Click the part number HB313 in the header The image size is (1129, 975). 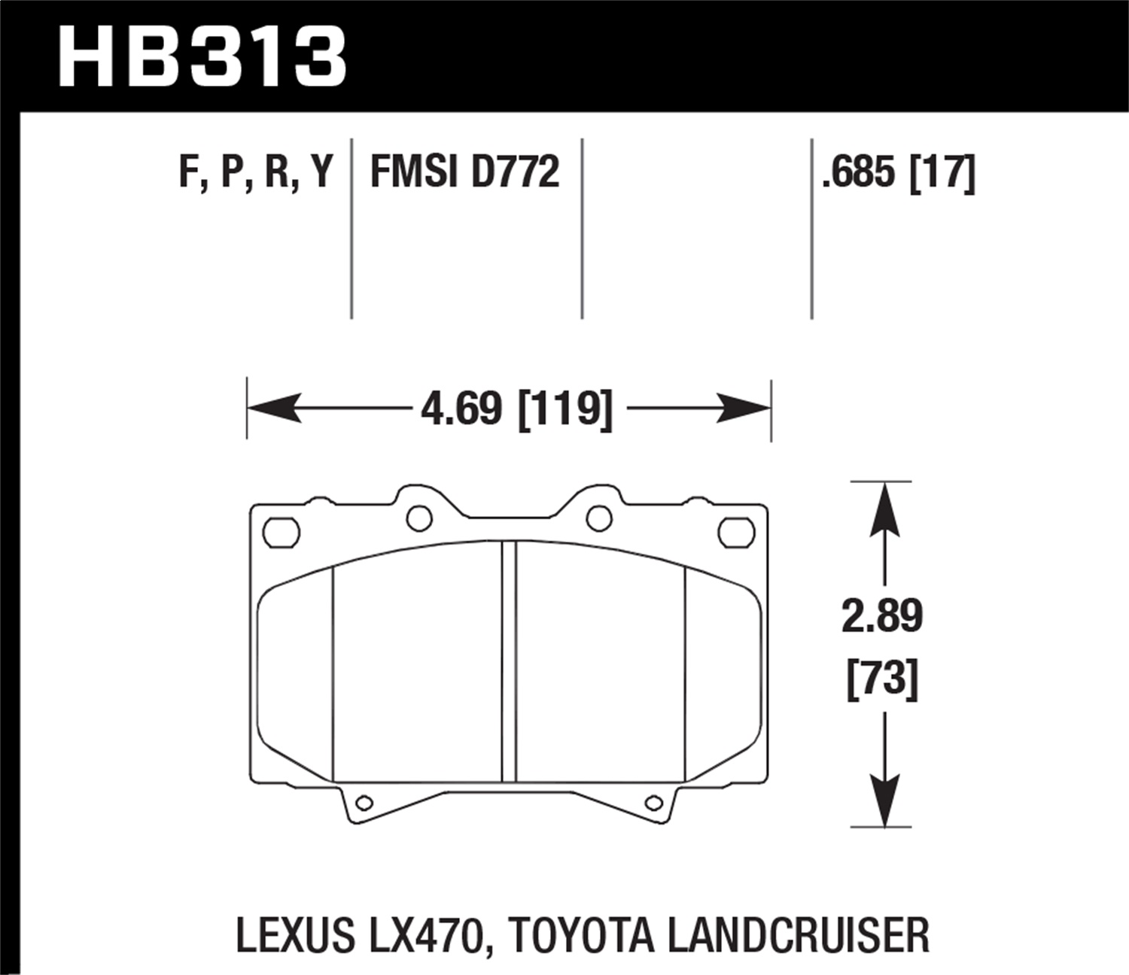202,57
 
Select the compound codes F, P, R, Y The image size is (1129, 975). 255,172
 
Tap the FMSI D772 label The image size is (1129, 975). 465,172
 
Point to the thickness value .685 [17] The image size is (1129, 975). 899,172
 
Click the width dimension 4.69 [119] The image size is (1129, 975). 516,409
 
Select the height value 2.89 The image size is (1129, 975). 881,616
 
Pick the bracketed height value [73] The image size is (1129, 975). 882,679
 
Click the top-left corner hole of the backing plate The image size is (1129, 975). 281,532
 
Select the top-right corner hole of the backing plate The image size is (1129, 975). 736,532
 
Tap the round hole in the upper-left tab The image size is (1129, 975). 418,518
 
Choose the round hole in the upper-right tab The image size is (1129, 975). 599,518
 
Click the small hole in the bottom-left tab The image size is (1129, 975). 364,803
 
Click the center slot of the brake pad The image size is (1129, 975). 509,662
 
